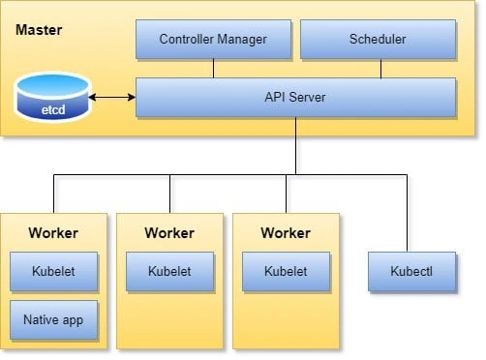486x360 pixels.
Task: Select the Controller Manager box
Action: [x=212, y=40]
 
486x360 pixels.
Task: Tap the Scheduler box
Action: [x=378, y=40]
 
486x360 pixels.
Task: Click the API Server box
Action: [x=295, y=97]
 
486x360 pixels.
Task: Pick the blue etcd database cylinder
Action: [x=52, y=99]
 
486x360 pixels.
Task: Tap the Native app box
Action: [x=53, y=318]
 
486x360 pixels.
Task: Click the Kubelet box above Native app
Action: [x=53, y=272]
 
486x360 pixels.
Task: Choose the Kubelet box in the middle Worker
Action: [x=169, y=272]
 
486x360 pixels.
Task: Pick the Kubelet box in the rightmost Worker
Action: [x=286, y=272]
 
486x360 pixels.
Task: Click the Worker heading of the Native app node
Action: [x=53, y=233]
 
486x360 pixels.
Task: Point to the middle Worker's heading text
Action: [x=169, y=233]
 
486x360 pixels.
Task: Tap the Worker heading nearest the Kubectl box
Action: [x=286, y=233]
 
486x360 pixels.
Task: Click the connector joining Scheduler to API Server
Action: [x=379, y=68]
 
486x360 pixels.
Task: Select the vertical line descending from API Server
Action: [x=295, y=145]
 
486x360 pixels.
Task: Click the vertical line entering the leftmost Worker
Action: [x=53, y=194]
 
